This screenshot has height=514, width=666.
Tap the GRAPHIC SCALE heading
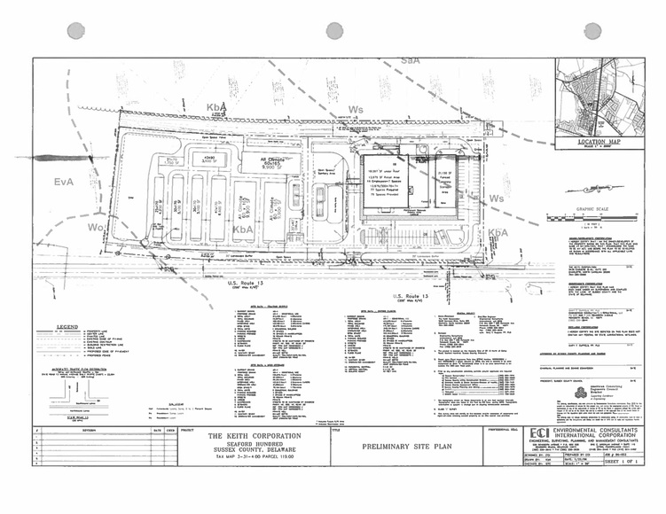588,210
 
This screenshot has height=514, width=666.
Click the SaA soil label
410,60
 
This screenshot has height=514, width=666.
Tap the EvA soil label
63,183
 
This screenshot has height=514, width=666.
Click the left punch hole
75,30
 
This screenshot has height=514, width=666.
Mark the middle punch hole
334,30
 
